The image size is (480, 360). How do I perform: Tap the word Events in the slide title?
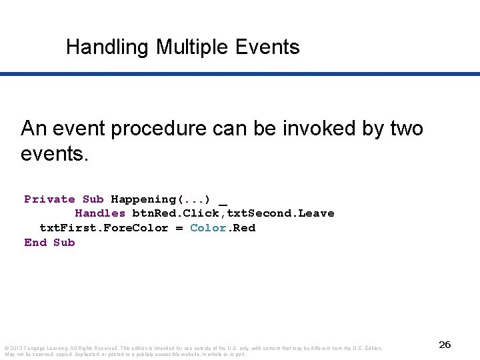[267, 47]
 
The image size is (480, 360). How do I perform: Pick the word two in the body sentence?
[405, 128]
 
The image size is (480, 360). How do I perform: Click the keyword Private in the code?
[49, 199]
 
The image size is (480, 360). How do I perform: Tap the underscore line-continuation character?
[223, 201]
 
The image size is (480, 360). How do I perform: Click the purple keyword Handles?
[100, 213]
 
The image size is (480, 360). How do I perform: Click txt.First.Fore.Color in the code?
[104, 228]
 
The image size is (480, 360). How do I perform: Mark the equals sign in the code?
[179, 228]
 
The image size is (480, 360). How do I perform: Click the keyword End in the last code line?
[35, 243]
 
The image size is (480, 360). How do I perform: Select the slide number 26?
[445, 345]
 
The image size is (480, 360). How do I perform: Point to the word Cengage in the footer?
[35, 348]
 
